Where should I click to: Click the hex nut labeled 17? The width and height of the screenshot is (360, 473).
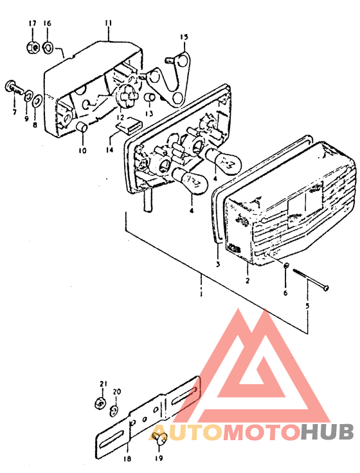click(33, 47)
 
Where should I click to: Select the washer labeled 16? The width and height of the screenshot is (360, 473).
click(48, 47)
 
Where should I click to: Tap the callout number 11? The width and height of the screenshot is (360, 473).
click(109, 23)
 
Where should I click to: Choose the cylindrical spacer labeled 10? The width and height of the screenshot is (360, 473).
click(82, 127)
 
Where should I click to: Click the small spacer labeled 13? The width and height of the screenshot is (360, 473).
click(150, 98)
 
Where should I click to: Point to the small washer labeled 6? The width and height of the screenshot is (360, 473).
click(287, 266)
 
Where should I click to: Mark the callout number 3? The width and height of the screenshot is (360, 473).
click(218, 264)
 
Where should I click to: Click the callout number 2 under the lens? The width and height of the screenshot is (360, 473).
click(248, 280)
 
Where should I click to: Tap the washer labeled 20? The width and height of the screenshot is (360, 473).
click(114, 411)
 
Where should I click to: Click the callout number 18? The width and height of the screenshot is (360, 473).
click(127, 458)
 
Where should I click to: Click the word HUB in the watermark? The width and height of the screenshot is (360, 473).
click(327, 432)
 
